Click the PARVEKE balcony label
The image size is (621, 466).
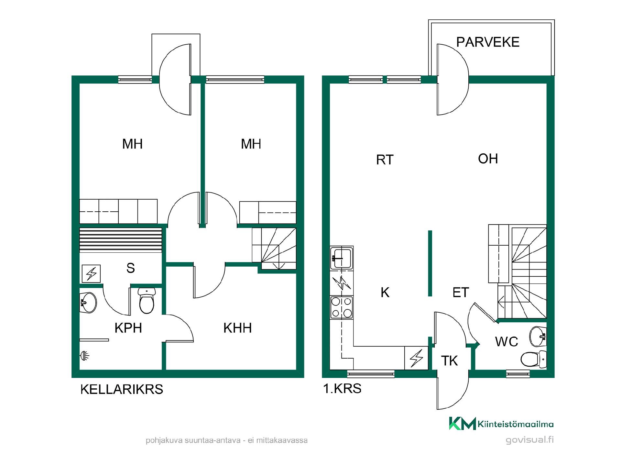click(488, 42)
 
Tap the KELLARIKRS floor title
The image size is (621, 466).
click(122, 389)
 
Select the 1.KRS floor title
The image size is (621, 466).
click(342, 388)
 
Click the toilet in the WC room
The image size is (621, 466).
click(534, 359)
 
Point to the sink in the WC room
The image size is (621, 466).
click(538, 337)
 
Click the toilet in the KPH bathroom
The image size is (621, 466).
click(147, 301)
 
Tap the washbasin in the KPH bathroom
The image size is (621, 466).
click(88, 303)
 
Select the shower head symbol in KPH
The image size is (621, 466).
click(84, 356)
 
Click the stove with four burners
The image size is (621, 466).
click(342, 307)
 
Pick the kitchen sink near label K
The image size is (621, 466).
click(342, 258)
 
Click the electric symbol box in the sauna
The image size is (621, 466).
click(91, 274)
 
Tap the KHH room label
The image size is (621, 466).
click(237, 328)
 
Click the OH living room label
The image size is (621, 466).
click(488, 159)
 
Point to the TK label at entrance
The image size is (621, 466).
click(450, 361)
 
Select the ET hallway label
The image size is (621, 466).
click(461, 293)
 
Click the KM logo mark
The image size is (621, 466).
click(463, 423)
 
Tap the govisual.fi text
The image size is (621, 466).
click(529, 440)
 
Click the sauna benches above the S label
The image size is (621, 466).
click(121, 240)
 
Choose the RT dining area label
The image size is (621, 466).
click(385, 160)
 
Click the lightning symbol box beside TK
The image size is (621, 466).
click(416, 358)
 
